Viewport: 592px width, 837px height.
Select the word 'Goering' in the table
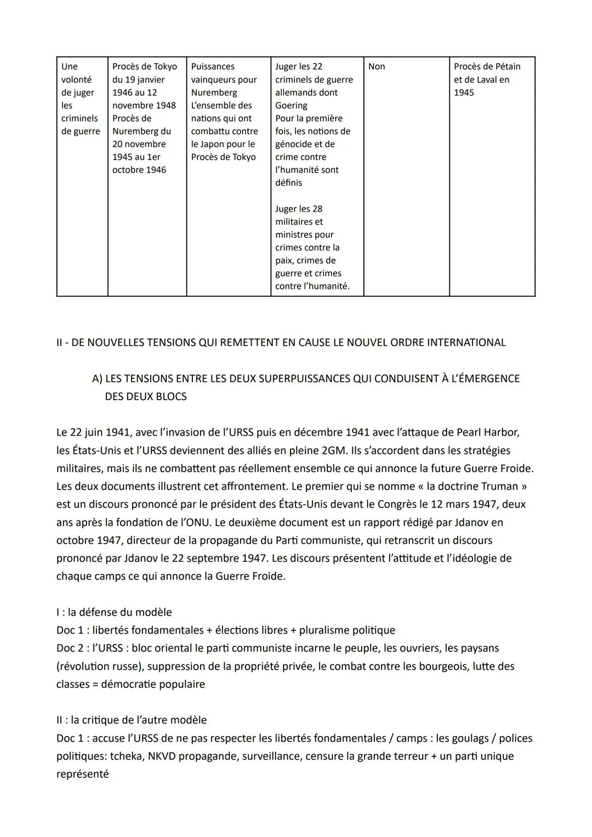coord(291,105)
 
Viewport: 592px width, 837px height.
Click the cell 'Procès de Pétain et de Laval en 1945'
coord(487,79)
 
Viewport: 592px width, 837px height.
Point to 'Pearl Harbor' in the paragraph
coord(488,432)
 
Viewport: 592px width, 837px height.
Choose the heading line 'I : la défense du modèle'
coord(114,612)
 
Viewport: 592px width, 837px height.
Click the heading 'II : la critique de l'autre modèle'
coord(132,720)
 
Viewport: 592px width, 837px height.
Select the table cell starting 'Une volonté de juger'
coord(81,99)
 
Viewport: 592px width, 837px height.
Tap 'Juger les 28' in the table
coord(299,209)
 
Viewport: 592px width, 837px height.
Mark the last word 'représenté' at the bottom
coord(82,775)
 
